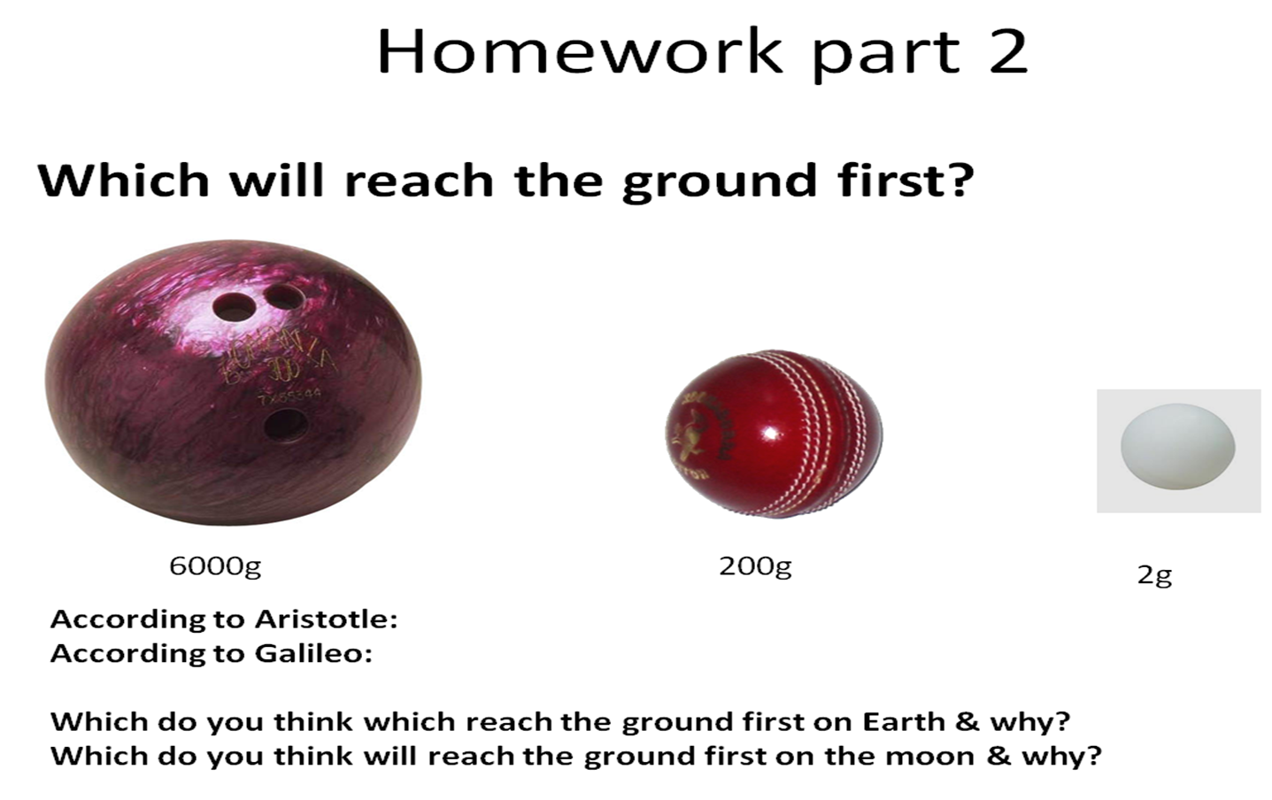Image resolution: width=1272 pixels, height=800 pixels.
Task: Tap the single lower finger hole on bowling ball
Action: [x=286, y=424]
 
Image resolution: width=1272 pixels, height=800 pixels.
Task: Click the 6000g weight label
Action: [x=215, y=565]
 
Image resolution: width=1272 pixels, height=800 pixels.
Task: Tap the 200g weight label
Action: [x=754, y=565]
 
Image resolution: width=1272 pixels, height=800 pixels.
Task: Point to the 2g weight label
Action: [x=1154, y=575]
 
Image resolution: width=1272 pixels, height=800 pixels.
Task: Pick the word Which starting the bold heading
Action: [x=123, y=181]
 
